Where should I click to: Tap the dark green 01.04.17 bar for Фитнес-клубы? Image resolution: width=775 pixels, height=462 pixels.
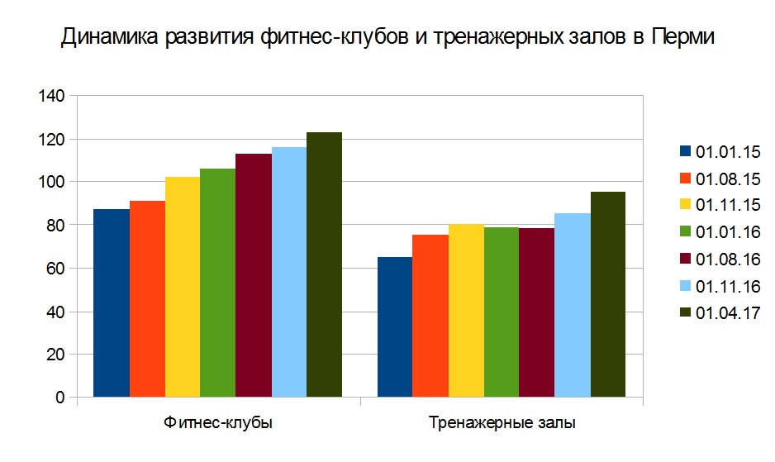(324, 264)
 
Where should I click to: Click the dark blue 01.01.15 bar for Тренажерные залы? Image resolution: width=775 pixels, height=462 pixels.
(395, 327)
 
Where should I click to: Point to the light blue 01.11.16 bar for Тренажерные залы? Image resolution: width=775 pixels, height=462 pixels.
(572, 306)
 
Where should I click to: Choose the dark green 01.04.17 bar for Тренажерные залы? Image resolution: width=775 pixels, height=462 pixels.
(607, 294)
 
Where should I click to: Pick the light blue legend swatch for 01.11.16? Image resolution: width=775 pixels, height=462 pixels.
(685, 286)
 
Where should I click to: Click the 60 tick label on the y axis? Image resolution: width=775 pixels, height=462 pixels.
(55, 269)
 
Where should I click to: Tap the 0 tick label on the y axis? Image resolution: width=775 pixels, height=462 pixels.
(59, 398)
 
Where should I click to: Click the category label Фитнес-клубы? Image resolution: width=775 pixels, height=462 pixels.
(218, 423)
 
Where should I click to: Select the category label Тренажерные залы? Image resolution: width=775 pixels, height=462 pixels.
(502, 423)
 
